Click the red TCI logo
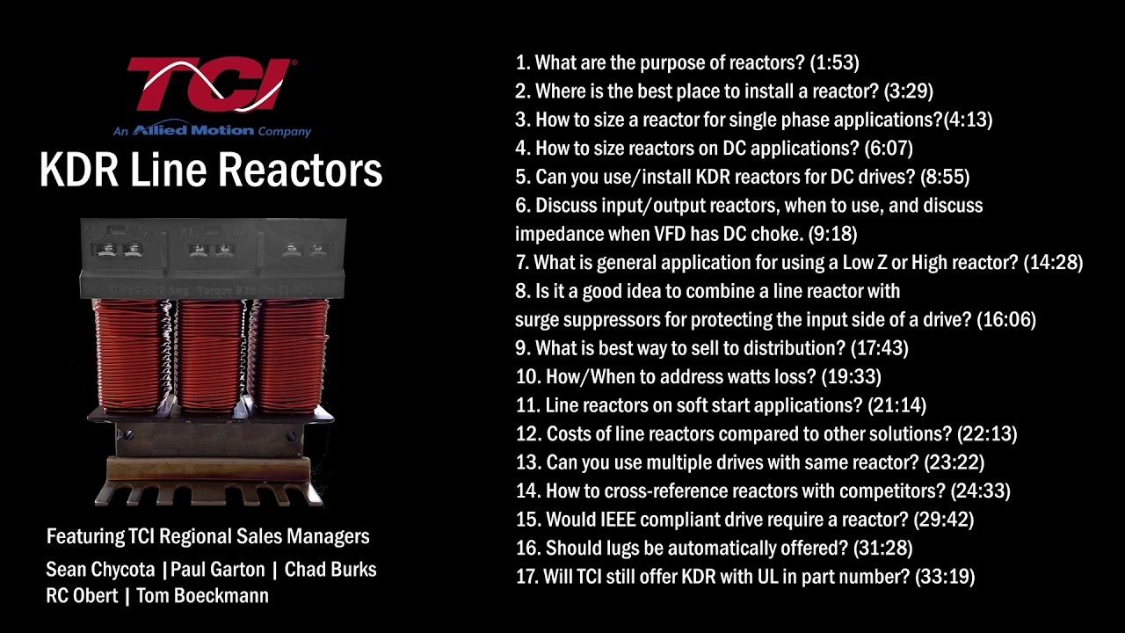[x=212, y=84]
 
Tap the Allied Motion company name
[x=193, y=130]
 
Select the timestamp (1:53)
[x=834, y=62]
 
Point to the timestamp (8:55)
[x=945, y=177]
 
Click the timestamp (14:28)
[x=1053, y=262]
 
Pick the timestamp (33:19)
[x=945, y=577]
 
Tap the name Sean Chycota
[x=100, y=570]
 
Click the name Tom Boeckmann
[x=202, y=596]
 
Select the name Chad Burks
[x=330, y=570]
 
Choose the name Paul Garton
[x=217, y=570]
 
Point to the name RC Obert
[x=82, y=596]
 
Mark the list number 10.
[x=526, y=377]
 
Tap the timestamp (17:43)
[x=880, y=348]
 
